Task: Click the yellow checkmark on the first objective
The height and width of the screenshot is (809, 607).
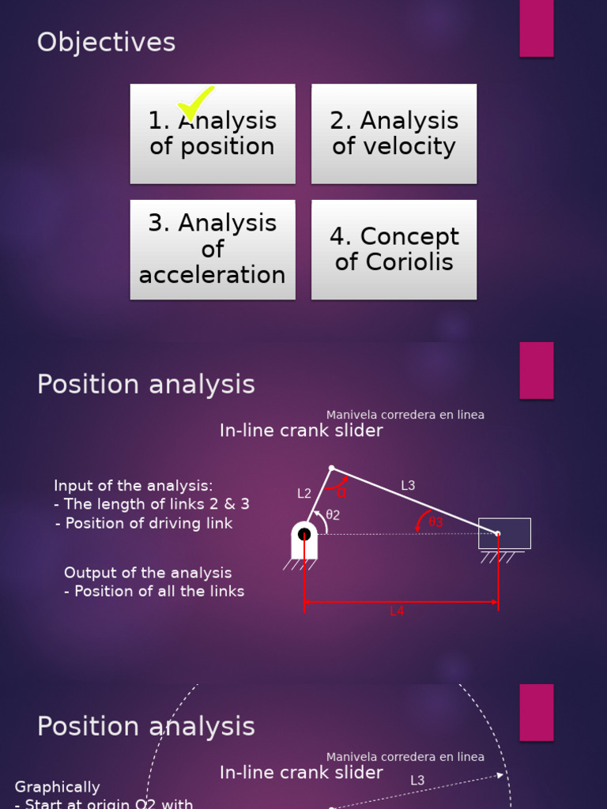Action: [x=195, y=103]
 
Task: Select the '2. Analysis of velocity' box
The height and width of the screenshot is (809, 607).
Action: [x=394, y=134]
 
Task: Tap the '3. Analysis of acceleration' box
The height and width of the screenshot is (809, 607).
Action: [x=213, y=249]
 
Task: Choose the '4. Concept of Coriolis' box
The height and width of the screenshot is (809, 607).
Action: [x=394, y=249]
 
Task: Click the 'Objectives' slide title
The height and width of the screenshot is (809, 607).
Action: [x=106, y=43]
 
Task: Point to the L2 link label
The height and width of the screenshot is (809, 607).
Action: [x=304, y=494]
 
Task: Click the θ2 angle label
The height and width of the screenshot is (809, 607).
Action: [x=333, y=515]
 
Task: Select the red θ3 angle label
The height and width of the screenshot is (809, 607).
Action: [x=435, y=522]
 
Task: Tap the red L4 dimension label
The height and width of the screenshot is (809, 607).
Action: [x=397, y=611]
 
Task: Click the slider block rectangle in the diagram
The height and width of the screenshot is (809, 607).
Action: [x=504, y=533]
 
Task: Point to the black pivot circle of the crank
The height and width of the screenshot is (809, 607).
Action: [x=304, y=535]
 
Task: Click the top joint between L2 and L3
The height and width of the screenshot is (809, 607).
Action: [x=331, y=468]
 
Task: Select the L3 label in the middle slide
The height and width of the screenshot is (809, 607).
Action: [x=408, y=486]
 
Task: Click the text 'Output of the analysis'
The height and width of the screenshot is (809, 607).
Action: [x=148, y=573]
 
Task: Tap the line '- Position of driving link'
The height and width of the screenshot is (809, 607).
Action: [x=145, y=523]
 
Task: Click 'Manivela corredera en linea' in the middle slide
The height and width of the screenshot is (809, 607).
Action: [x=405, y=415]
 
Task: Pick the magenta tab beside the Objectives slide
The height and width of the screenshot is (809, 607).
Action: [x=536, y=28]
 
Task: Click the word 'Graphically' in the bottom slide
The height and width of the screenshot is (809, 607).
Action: [x=58, y=787]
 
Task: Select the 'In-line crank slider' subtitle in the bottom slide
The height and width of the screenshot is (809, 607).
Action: [x=301, y=773]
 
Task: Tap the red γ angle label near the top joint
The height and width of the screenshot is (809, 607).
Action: [x=341, y=493]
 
